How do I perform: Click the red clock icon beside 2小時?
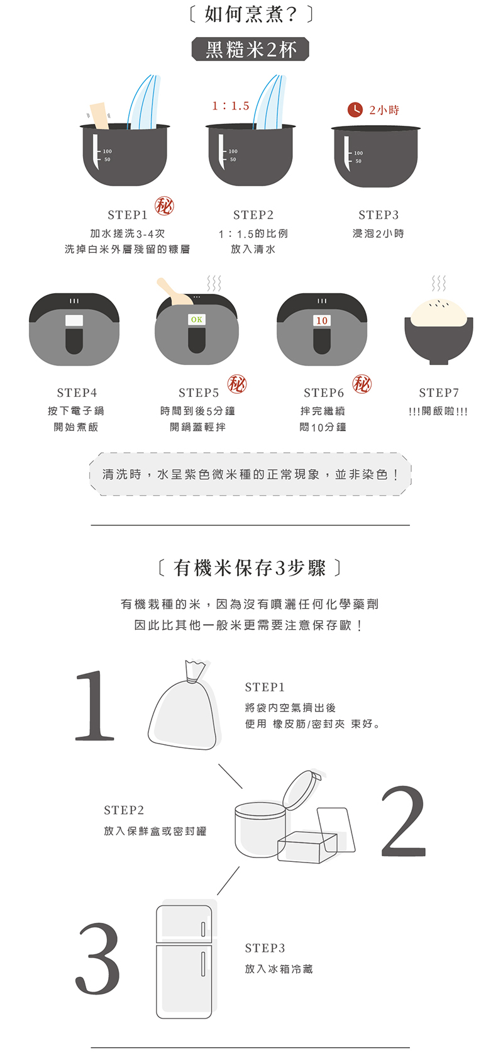(355, 109)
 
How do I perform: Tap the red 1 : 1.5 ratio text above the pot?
(231, 106)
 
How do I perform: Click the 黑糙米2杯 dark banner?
(250, 50)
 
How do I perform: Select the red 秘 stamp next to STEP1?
(164, 206)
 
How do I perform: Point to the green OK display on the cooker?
(197, 320)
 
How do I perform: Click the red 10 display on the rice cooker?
(322, 321)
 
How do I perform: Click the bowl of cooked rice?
(438, 332)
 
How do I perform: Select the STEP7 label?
(439, 393)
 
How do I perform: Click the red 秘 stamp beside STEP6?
(362, 384)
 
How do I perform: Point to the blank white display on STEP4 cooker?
(74, 320)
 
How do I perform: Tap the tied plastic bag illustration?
(184, 705)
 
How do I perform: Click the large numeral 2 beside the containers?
(403, 820)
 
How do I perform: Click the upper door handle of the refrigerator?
(203, 929)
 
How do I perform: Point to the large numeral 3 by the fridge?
(97, 959)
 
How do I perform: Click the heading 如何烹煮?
(250, 14)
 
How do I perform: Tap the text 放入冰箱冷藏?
(279, 969)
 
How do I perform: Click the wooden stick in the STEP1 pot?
(100, 115)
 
